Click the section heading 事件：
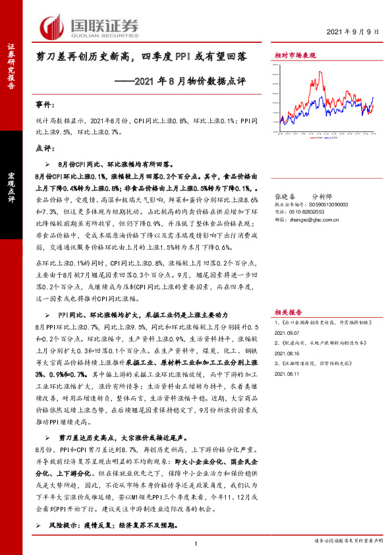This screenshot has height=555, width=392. click(x=43, y=105)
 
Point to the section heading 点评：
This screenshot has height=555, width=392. click(x=43, y=148)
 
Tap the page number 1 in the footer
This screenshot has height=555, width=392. click(x=196, y=543)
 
